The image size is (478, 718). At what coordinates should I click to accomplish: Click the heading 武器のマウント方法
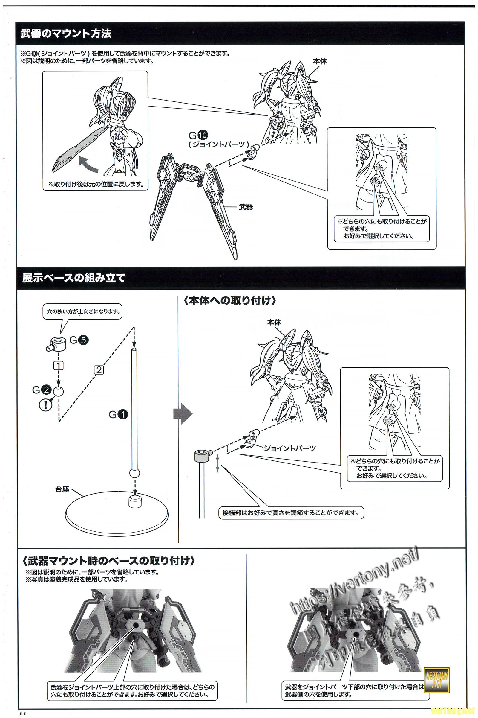tap(66, 34)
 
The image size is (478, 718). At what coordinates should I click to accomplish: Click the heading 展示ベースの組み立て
tap(73, 278)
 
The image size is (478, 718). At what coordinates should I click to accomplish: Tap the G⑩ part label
tap(198, 134)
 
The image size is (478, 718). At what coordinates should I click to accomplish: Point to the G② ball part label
tap(42, 390)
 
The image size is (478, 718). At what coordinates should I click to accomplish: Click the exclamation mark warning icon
tap(45, 405)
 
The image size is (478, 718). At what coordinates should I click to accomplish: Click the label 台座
tap(62, 489)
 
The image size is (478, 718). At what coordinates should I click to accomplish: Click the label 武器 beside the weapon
tap(246, 207)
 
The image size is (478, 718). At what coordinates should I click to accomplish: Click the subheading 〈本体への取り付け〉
tap(230, 301)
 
